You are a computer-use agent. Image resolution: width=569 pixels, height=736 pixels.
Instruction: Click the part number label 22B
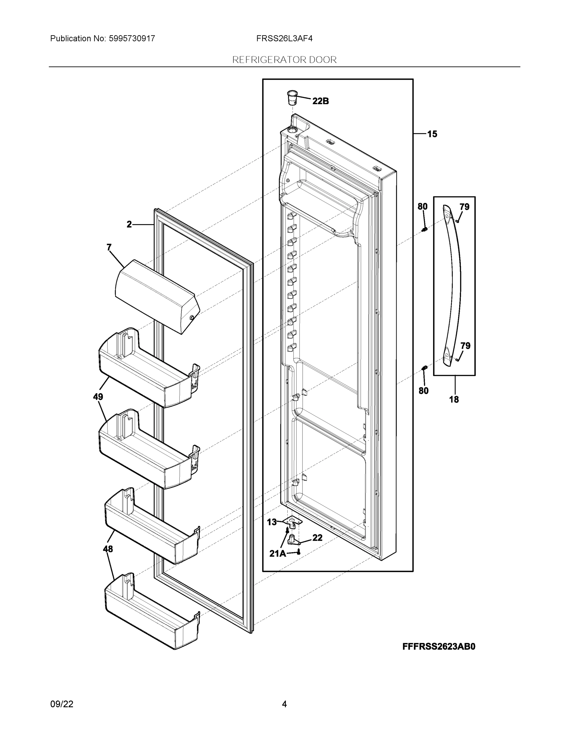tap(320, 101)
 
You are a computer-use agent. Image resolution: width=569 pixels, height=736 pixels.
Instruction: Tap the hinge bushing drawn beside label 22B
tap(292, 98)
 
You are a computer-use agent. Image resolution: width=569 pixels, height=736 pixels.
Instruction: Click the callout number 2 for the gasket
tap(129, 224)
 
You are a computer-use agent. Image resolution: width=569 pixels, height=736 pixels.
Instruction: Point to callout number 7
tap(109, 248)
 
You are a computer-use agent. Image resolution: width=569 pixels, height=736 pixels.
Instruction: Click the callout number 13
tap(272, 522)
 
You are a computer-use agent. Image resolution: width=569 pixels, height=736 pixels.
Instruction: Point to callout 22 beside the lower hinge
tap(317, 538)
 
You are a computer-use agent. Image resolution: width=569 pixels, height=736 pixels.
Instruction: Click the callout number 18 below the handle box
tap(454, 400)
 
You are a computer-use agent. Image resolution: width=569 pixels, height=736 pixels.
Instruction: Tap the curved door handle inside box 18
tap(452, 286)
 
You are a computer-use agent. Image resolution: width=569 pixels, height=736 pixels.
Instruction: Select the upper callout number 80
tap(422, 207)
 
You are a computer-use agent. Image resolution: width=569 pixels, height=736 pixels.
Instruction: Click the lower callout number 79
tap(465, 346)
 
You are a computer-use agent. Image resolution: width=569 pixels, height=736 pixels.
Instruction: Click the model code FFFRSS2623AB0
tap(439, 646)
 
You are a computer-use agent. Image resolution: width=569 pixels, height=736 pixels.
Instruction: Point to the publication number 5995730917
tap(132, 39)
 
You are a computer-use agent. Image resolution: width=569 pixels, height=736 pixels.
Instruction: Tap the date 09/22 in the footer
tap(62, 704)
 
